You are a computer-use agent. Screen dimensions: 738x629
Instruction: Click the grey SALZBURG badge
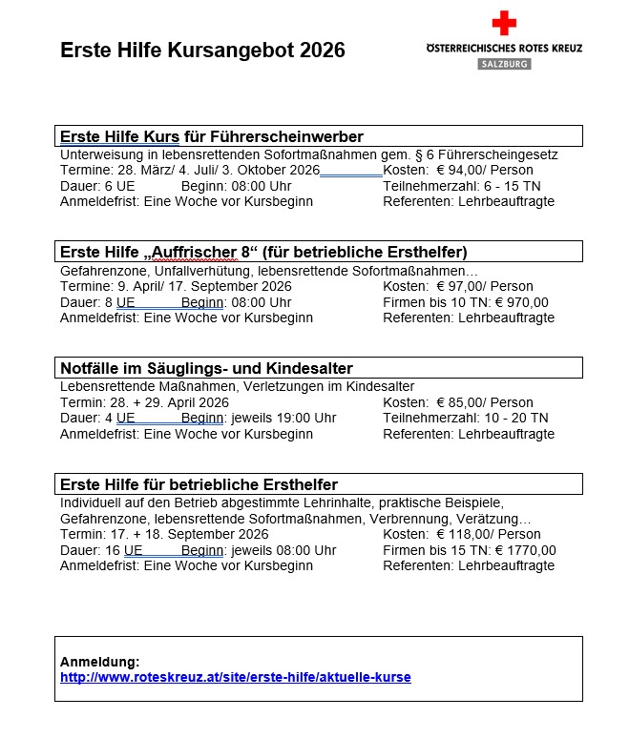[504, 63]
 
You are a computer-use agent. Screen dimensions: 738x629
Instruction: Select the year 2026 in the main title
[322, 51]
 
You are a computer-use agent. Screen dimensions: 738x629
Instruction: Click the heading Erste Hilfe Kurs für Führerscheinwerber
[212, 136]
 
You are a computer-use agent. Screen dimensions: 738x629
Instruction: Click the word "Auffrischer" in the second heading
[196, 253]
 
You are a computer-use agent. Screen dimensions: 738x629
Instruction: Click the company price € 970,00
[522, 302]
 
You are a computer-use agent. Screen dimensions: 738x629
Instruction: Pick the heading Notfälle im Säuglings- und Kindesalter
[206, 368]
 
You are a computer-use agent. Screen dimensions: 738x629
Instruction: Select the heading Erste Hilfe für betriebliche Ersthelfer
[199, 484]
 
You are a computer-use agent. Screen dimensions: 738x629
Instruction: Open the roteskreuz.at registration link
[235, 678]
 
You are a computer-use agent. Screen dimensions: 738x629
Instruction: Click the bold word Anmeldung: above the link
[99, 662]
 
